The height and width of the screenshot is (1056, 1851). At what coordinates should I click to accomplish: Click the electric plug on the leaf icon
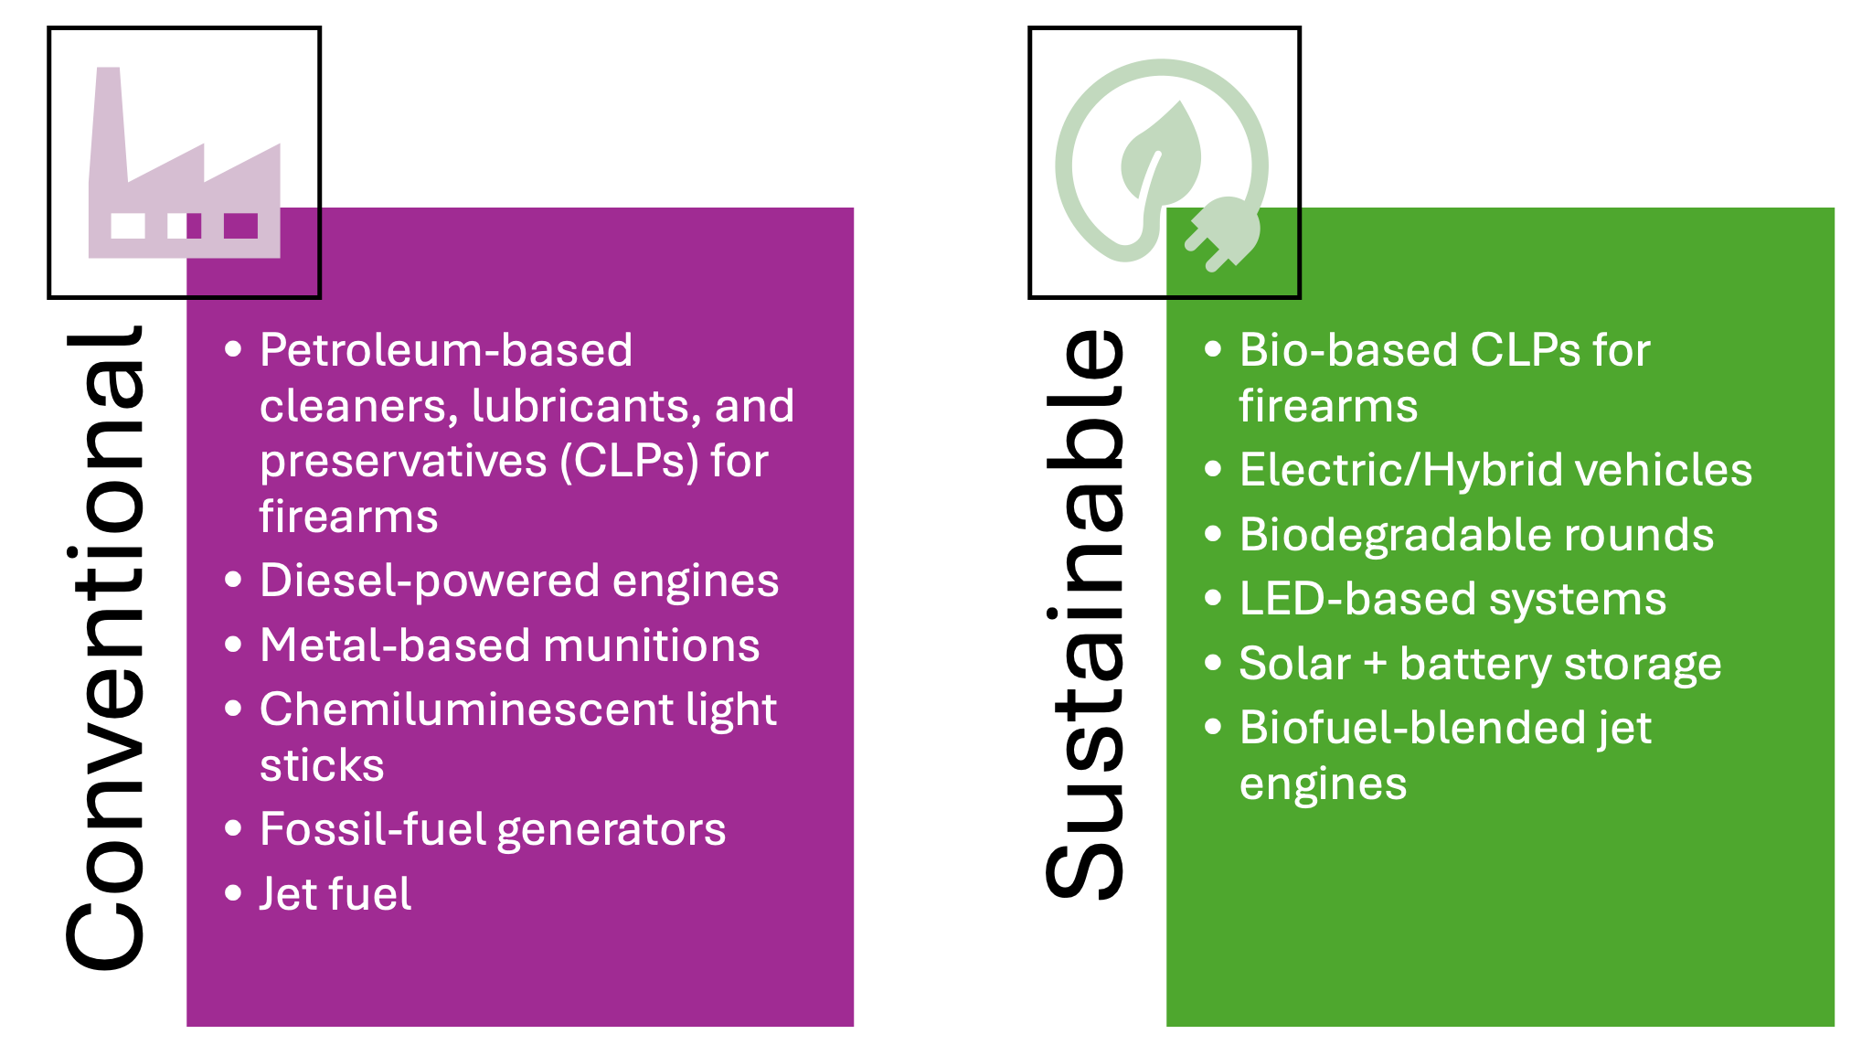(1223, 234)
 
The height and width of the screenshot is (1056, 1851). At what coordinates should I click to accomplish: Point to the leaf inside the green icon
(1159, 155)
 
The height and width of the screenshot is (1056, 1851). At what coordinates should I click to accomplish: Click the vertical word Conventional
(104, 647)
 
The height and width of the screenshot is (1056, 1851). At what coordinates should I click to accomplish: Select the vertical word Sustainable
(1084, 613)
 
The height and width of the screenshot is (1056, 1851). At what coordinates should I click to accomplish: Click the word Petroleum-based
(446, 350)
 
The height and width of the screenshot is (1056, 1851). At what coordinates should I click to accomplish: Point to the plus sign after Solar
(1375, 665)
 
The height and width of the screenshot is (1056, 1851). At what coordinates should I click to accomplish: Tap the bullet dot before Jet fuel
(233, 893)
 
